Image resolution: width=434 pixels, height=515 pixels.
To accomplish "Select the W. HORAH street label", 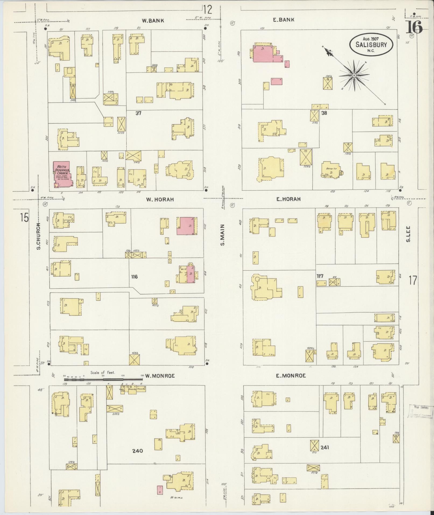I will [x=160, y=199].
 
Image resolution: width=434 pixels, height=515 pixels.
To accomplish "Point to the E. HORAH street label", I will [x=288, y=199].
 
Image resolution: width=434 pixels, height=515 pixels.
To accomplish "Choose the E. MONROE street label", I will [x=291, y=375].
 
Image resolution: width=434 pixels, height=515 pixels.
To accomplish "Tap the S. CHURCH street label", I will [x=38, y=236].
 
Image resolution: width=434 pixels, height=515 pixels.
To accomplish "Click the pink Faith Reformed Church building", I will [x=62, y=173].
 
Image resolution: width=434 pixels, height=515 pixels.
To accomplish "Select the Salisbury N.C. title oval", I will [x=371, y=44].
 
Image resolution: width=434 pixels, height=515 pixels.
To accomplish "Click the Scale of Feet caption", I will [x=103, y=373].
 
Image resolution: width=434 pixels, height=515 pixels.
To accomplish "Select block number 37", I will [x=138, y=113].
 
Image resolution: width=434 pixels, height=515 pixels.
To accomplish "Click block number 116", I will [x=134, y=276].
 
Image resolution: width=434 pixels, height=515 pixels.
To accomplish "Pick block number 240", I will [x=137, y=451].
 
